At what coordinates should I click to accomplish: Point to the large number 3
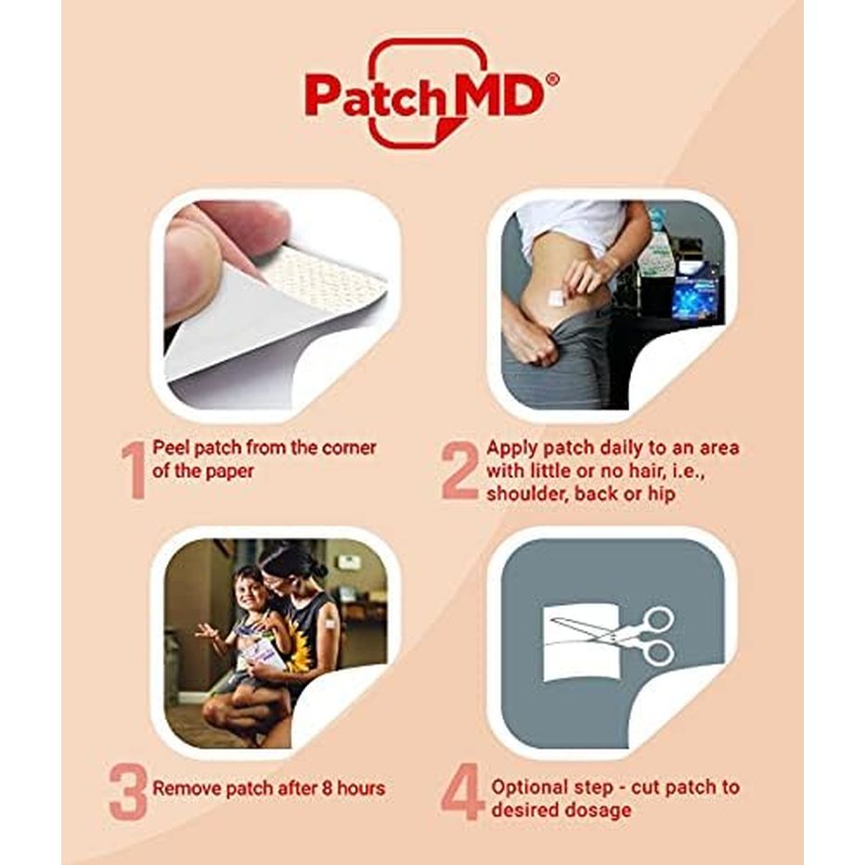(x=129, y=790)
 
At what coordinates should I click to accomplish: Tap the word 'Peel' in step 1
(x=171, y=447)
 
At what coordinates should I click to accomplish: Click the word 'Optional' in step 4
(x=530, y=787)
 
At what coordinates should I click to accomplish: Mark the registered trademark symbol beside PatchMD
(x=552, y=81)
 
